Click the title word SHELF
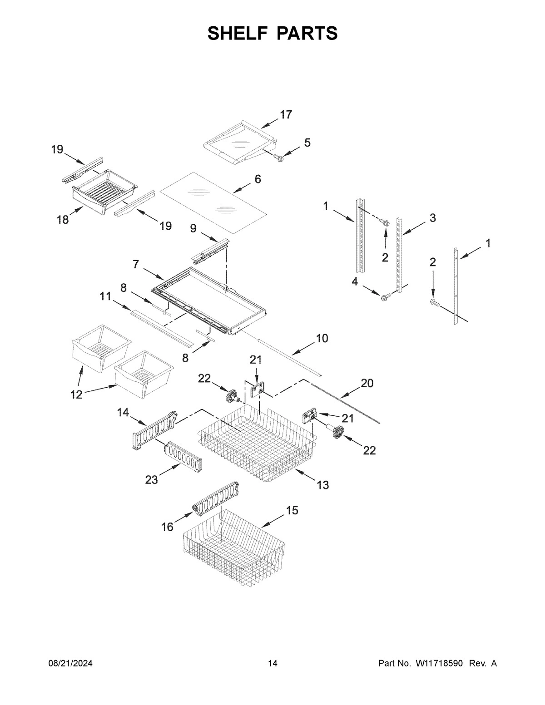[x=236, y=34]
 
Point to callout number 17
[x=286, y=115]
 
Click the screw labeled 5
[x=279, y=158]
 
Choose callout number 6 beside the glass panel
[x=258, y=179]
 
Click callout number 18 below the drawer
[x=63, y=220]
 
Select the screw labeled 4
[x=384, y=297]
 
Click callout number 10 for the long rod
[x=322, y=338]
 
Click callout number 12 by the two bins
[x=76, y=394]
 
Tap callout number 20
[x=367, y=384]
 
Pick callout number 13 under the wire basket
[x=322, y=485]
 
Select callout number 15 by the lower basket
[x=292, y=511]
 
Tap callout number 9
[x=193, y=228]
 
